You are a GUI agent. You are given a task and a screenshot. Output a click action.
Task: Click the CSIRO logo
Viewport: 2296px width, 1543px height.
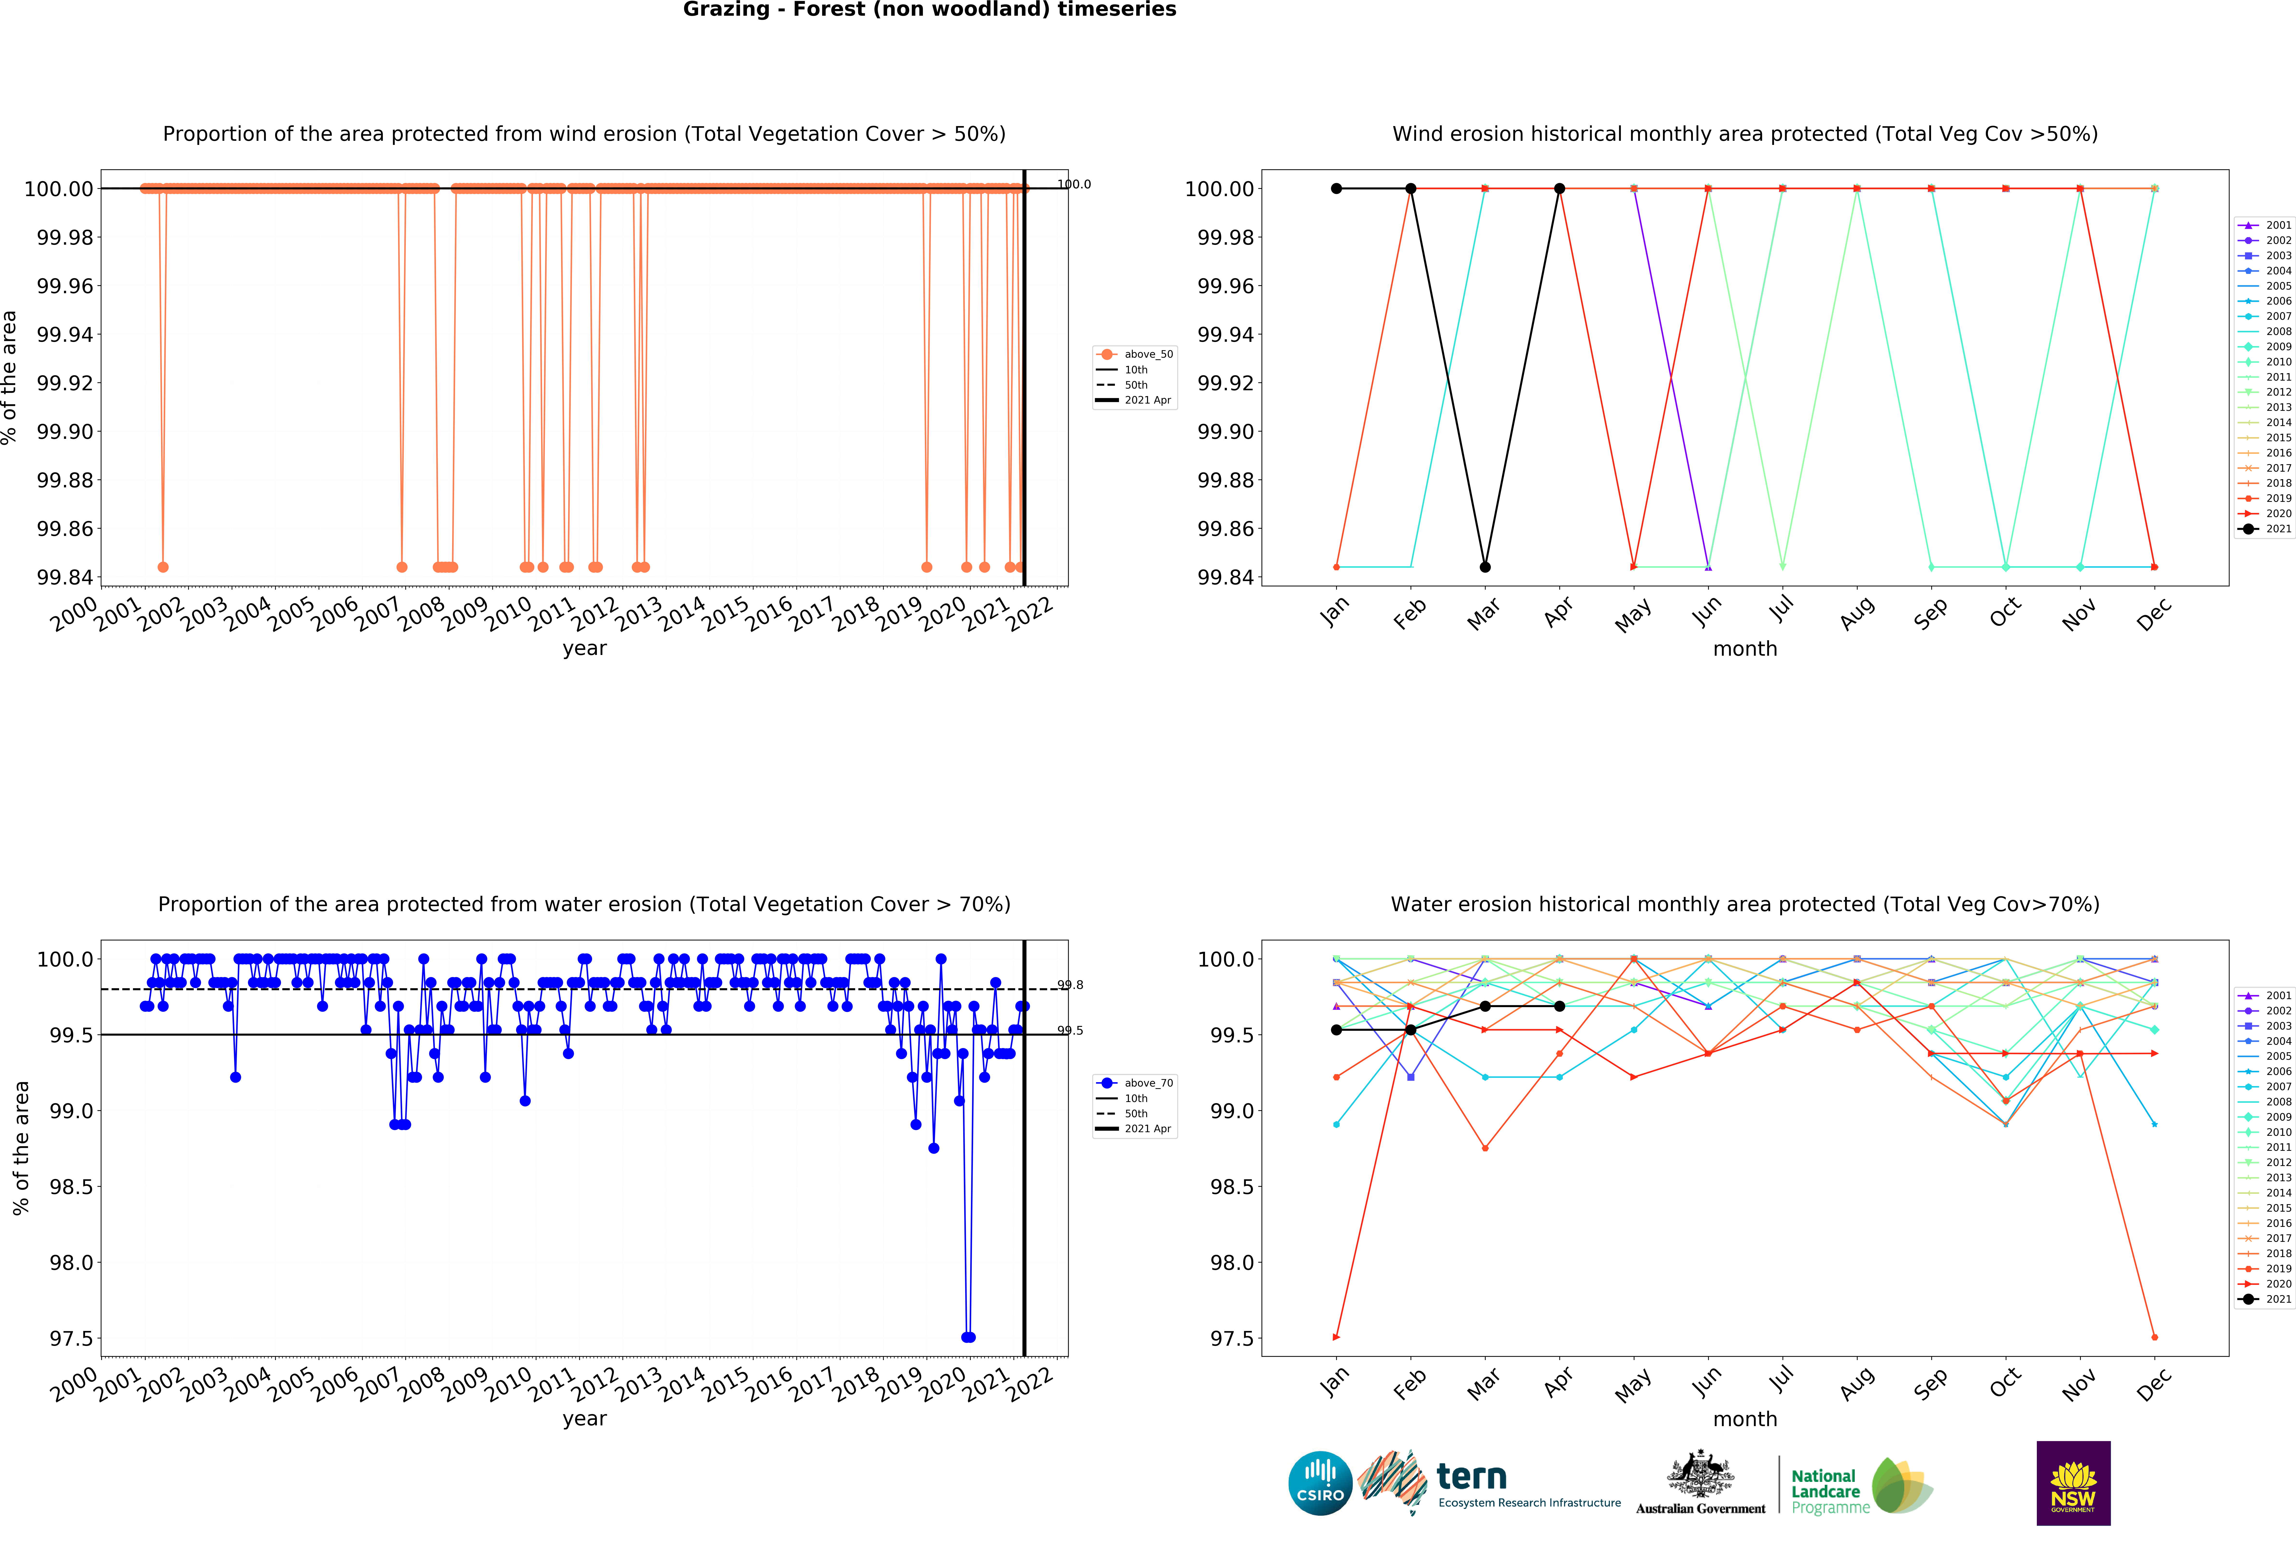pyautogui.click(x=1320, y=1483)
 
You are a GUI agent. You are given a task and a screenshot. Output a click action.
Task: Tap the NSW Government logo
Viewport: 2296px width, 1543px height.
pyautogui.click(x=2073, y=1483)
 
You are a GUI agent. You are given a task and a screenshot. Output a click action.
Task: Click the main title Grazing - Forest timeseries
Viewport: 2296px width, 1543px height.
pyautogui.click(x=929, y=10)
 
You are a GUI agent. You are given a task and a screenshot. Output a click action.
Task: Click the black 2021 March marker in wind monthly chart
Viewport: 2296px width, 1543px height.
pyautogui.click(x=1485, y=567)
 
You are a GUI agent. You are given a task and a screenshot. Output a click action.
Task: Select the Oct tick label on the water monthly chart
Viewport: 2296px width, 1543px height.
pyautogui.click(x=2005, y=1383)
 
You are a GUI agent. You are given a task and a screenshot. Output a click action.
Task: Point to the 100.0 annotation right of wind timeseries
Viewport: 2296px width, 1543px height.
pyautogui.click(x=1074, y=184)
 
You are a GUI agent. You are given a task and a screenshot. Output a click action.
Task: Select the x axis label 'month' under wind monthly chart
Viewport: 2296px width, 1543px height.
pyautogui.click(x=1745, y=648)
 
